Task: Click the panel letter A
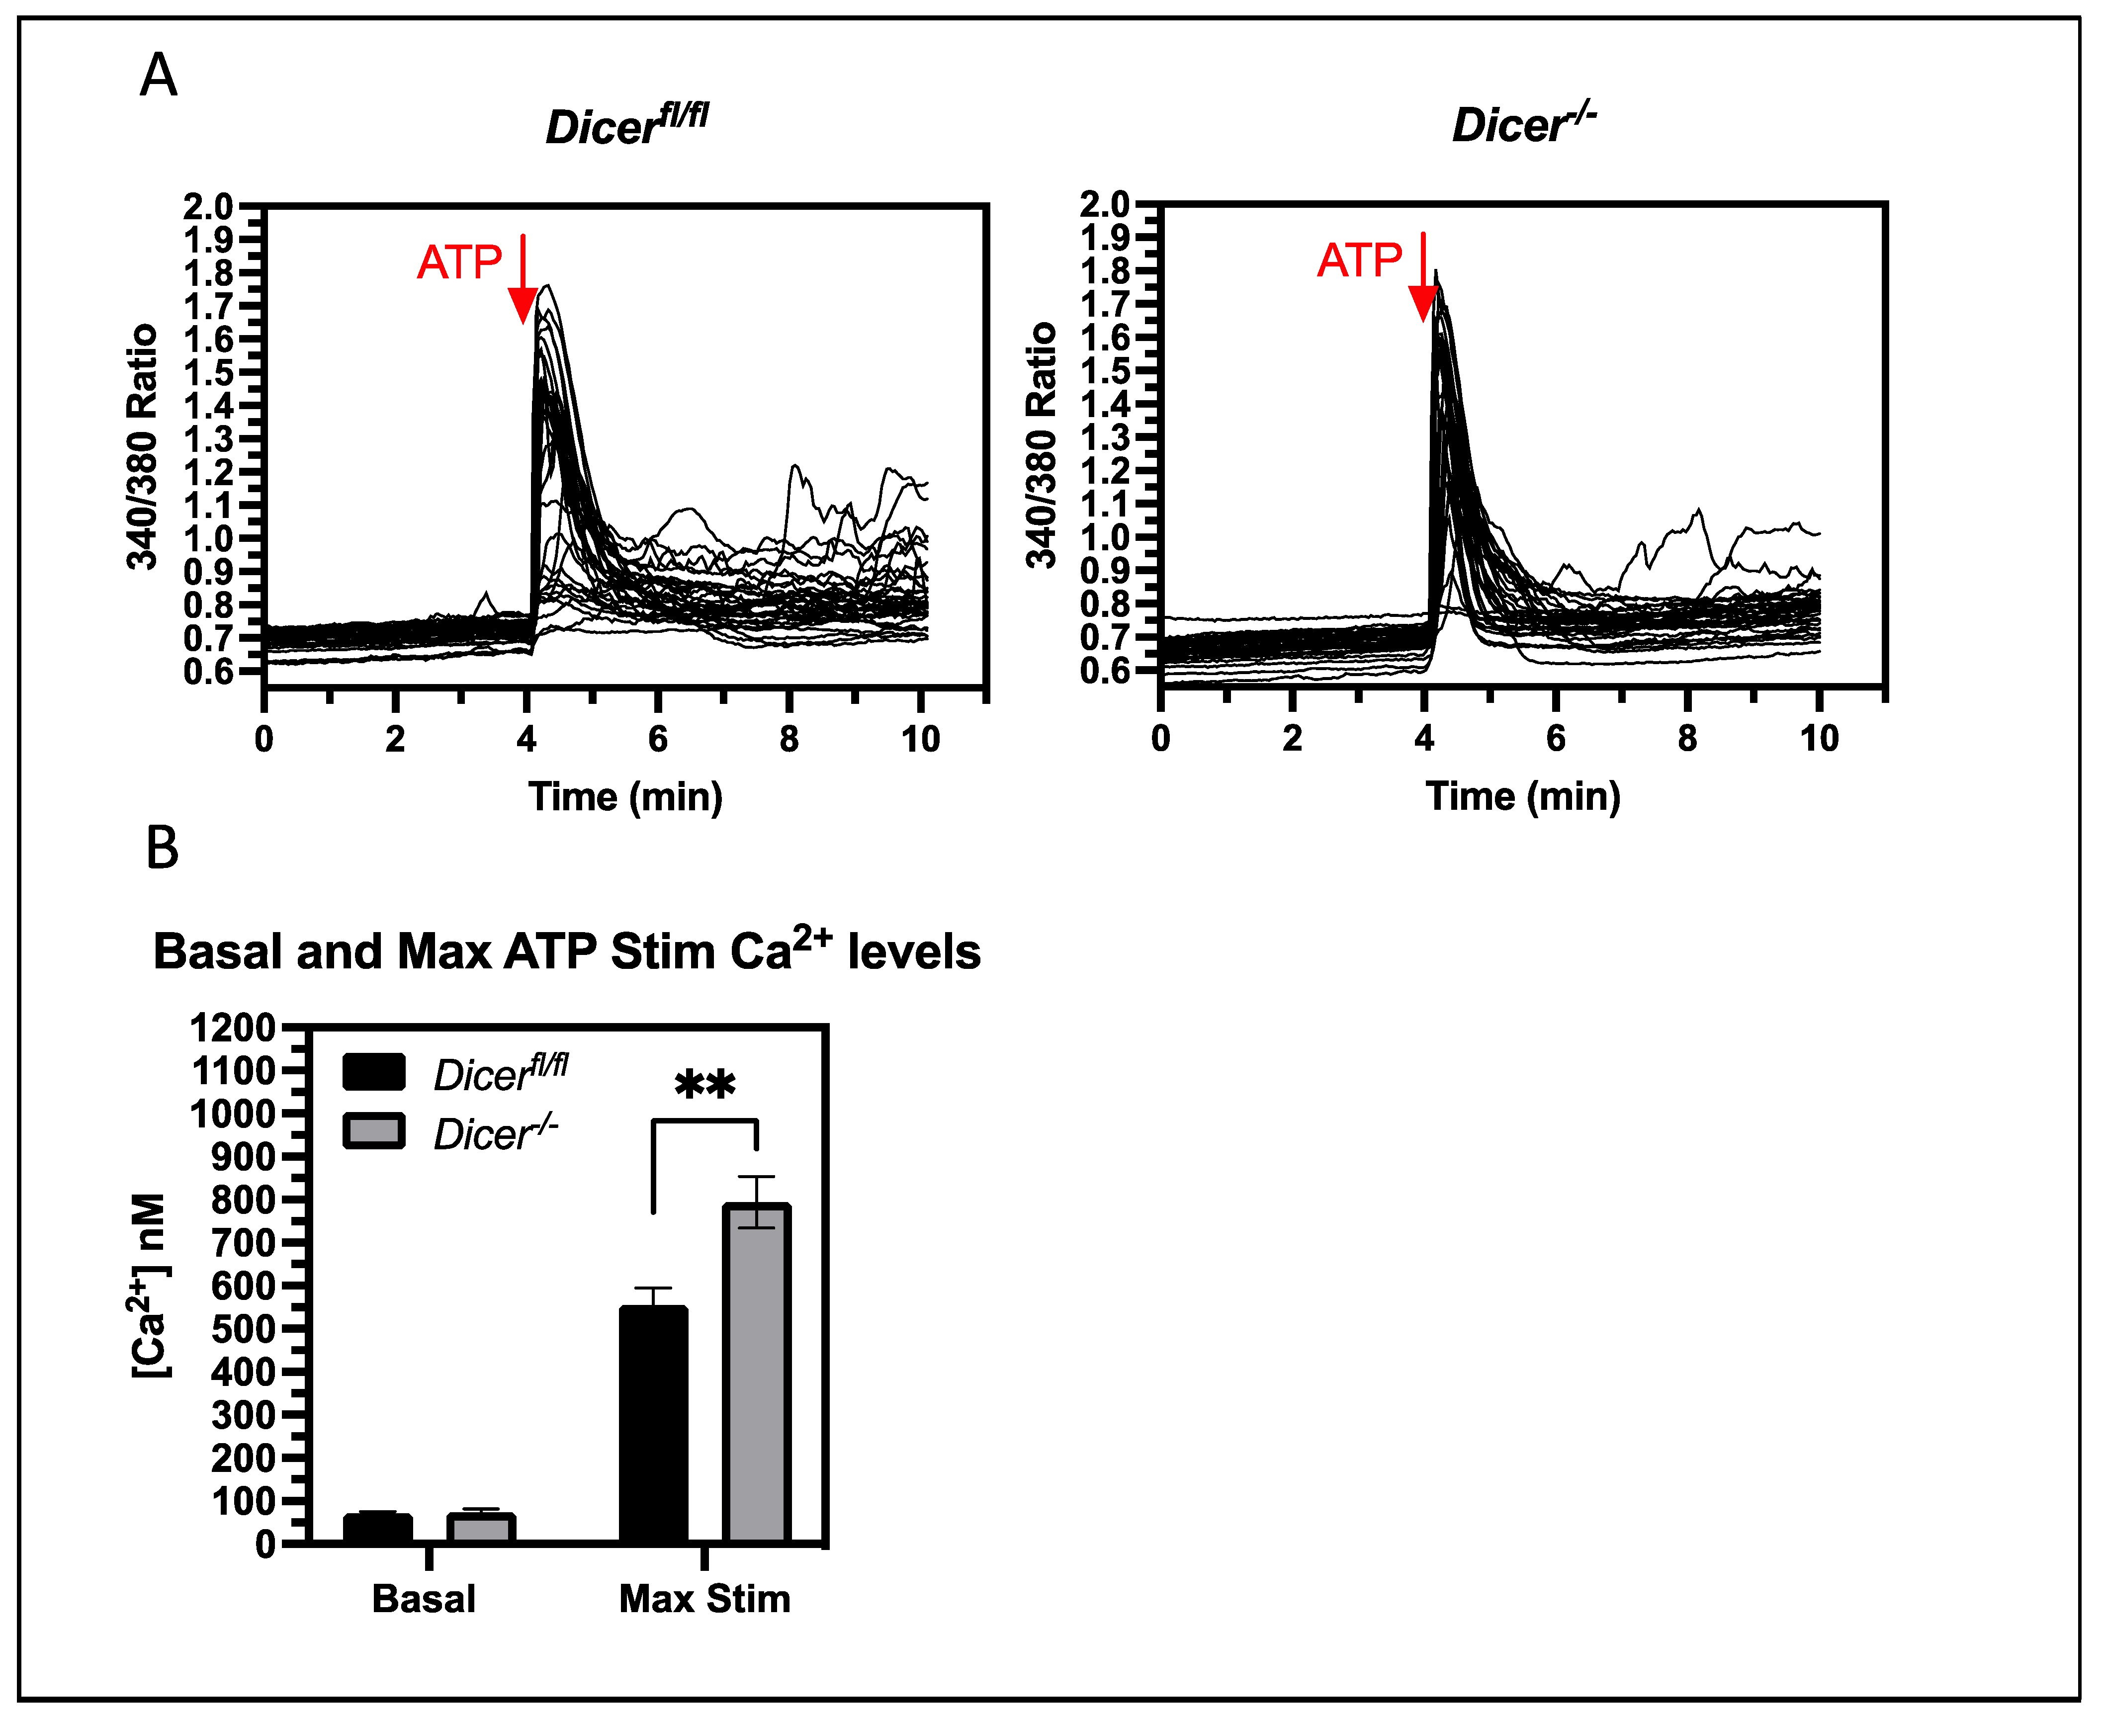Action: pyautogui.click(x=159, y=77)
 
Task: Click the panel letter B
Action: pyautogui.click(x=162, y=849)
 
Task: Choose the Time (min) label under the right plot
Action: pyautogui.click(x=1523, y=796)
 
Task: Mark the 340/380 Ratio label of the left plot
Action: pyautogui.click(x=142, y=446)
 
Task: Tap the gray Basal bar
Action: pyautogui.click(x=480, y=1529)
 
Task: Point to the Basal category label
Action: pyautogui.click(x=424, y=1599)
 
